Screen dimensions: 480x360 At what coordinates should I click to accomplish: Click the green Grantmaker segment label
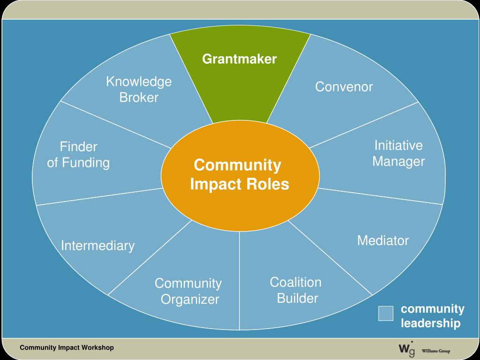pyautogui.click(x=240, y=59)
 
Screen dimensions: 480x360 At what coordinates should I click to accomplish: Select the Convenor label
pyautogui.click(x=344, y=87)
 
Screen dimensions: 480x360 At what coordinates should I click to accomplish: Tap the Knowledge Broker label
pyautogui.click(x=139, y=90)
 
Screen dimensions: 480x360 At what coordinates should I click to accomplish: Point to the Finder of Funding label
pyautogui.click(x=78, y=155)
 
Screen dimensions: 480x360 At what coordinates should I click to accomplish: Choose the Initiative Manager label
pyautogui.click(x=398, y=154)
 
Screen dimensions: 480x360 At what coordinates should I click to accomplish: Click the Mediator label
pyautogui.click(x=383, y=241)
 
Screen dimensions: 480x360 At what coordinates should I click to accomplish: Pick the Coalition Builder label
pyautogui.click(x=296, y=290)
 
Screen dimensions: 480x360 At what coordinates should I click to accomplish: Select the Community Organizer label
pyautogui.click(x=188, y=291)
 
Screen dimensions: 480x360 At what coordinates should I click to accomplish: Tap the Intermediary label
pyautogui.click(x=97, y=246)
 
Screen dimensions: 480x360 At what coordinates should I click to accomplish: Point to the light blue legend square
pyautogui.click(x=386, y=313)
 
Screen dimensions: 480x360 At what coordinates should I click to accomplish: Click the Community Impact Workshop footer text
pyautogui.click(x=67, y=348)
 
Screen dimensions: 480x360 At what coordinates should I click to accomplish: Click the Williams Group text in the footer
pyautogui.click(x=436, y=351)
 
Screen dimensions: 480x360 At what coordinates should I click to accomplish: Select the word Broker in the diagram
pyautogui.click(x=139, y=97)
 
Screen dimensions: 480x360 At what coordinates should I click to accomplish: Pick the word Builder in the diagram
pyautogui.click(x=298, y=298)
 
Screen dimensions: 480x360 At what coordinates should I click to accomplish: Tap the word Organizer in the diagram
pyautogui.click(x=190, y=299)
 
